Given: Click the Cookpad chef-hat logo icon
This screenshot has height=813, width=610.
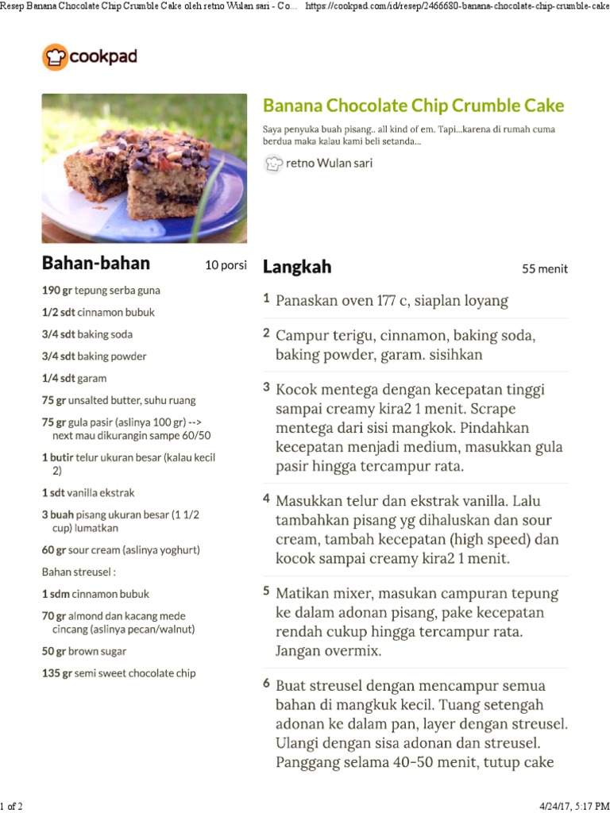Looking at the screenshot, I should [55, 57].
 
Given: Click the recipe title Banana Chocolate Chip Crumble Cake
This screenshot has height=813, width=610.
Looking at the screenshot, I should [413, 106].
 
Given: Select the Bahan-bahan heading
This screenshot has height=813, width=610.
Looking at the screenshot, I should [95, 264].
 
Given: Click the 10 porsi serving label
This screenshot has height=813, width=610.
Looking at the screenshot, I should [226, 265].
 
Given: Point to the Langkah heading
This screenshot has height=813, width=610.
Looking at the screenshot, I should [297, 267].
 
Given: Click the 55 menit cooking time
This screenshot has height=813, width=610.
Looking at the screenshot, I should [545, 269].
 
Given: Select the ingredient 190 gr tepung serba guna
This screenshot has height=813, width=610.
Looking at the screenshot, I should [101, 291].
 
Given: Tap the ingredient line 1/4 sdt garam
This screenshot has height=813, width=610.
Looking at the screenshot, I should [74, 379].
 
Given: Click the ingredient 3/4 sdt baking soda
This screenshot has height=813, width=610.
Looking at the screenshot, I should [87, 334].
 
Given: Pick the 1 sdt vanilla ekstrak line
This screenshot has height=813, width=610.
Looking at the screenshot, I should [88, 492].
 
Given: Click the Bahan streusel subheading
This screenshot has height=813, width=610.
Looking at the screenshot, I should [79, 572].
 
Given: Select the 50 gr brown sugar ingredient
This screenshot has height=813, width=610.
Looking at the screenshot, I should [84, 651].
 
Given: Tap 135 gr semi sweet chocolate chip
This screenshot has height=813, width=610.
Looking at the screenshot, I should [118, 673].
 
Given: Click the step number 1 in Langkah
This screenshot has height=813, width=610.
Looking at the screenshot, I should [267, 299].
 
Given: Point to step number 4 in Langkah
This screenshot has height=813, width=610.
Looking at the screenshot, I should [267, 500].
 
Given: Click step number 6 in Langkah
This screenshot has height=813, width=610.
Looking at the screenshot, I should [267, 684].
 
